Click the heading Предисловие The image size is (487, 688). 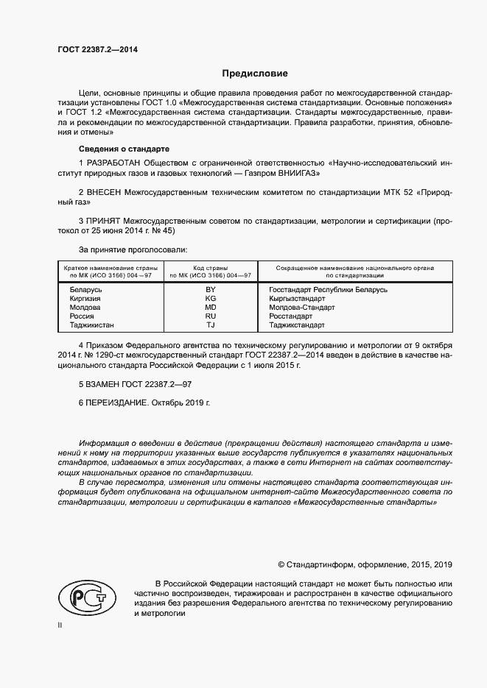click(x=256, y=74)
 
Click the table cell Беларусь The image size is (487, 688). click(x=85, y=290)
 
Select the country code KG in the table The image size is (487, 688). click(x=210, y=299)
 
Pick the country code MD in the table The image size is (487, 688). click(x=210, y=308)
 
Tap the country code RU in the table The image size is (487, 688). click(x=210, y=316)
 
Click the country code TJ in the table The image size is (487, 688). click(x=210, y=325)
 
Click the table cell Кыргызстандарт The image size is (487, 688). click(x=297, y=299)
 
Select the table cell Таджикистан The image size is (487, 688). click(x=92, y=325)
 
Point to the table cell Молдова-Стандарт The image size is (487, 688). click(x=302, y=308)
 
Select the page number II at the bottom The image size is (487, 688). click(x=60, y=625)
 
